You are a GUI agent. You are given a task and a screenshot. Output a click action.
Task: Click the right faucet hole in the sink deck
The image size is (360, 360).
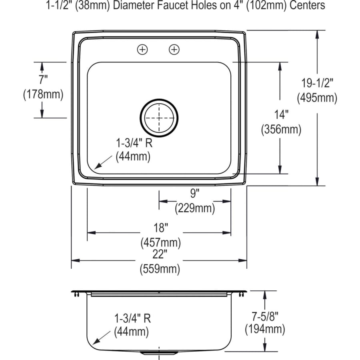click(174, 50)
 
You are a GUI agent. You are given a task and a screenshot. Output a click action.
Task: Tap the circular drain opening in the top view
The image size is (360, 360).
click(159, 118)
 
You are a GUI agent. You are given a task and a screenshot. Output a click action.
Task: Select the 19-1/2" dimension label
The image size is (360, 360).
click(317, 83)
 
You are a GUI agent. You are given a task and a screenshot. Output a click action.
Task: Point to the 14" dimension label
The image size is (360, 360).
click(281, 115)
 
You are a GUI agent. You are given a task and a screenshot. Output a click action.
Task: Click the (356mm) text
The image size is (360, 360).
click(281, 129)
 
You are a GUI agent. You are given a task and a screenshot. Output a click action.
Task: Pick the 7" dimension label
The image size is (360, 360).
click(43, 80)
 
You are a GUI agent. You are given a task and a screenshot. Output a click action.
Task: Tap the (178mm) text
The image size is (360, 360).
click(43, 94)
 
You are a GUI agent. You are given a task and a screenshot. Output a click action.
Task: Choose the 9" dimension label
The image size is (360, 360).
click(194, 194)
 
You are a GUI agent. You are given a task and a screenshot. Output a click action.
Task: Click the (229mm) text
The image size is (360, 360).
click(194, 208)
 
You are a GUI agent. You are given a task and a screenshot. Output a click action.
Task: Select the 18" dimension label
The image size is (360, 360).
click(160, 228)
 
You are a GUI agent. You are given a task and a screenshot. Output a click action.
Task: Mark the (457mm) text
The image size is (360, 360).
click(160, 242)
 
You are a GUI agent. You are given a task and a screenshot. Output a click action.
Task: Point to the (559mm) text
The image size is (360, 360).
click(160, 269)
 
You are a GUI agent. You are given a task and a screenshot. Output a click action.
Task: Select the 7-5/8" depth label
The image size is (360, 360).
click(265, 316)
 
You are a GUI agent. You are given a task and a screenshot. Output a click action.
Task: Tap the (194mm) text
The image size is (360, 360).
click(265, 330)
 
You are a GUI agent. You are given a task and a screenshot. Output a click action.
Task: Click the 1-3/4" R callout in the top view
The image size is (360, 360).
click(133, 142)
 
